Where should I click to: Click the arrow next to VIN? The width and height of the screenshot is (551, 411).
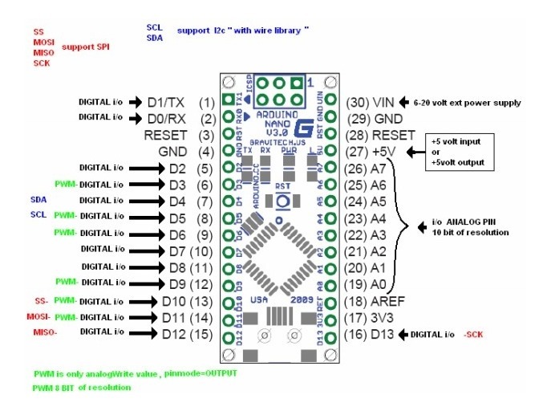pos(404,103)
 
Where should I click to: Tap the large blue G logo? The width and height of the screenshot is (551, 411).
pos(304,127)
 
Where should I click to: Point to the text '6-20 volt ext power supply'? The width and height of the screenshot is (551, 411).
pos(467,103)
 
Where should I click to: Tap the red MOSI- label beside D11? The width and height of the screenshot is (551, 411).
pos(38,316)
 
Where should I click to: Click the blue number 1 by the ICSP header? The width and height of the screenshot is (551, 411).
pos(310,81)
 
